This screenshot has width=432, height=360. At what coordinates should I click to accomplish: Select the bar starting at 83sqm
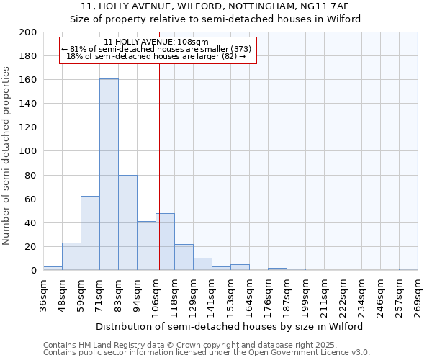pyautogui.click(x=127, y=222)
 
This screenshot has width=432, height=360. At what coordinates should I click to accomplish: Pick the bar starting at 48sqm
pyautogui.click(x=71, y=256)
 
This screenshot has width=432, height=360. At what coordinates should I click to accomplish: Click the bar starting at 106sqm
pyautogui.click(x=165, y=241)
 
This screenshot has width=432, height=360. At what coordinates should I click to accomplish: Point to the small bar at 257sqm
pyautogui.click(x=408, y=269)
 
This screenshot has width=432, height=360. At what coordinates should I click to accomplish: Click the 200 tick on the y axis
pyautogui.click(x=28, y=32)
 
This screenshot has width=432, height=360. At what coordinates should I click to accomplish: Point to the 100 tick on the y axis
pyautogui.click(x=28, y=151)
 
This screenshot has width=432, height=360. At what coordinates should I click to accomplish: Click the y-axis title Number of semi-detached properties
pyautogui.click(x=6, y=156)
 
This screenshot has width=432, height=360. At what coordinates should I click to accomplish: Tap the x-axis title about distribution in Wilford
pyautogui.click(x=230, y=326)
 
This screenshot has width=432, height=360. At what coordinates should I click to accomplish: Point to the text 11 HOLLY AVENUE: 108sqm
pyautogui.click(x=156, y=42)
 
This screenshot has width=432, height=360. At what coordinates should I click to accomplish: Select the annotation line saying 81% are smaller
pyautogui.click(x=156, y=50)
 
